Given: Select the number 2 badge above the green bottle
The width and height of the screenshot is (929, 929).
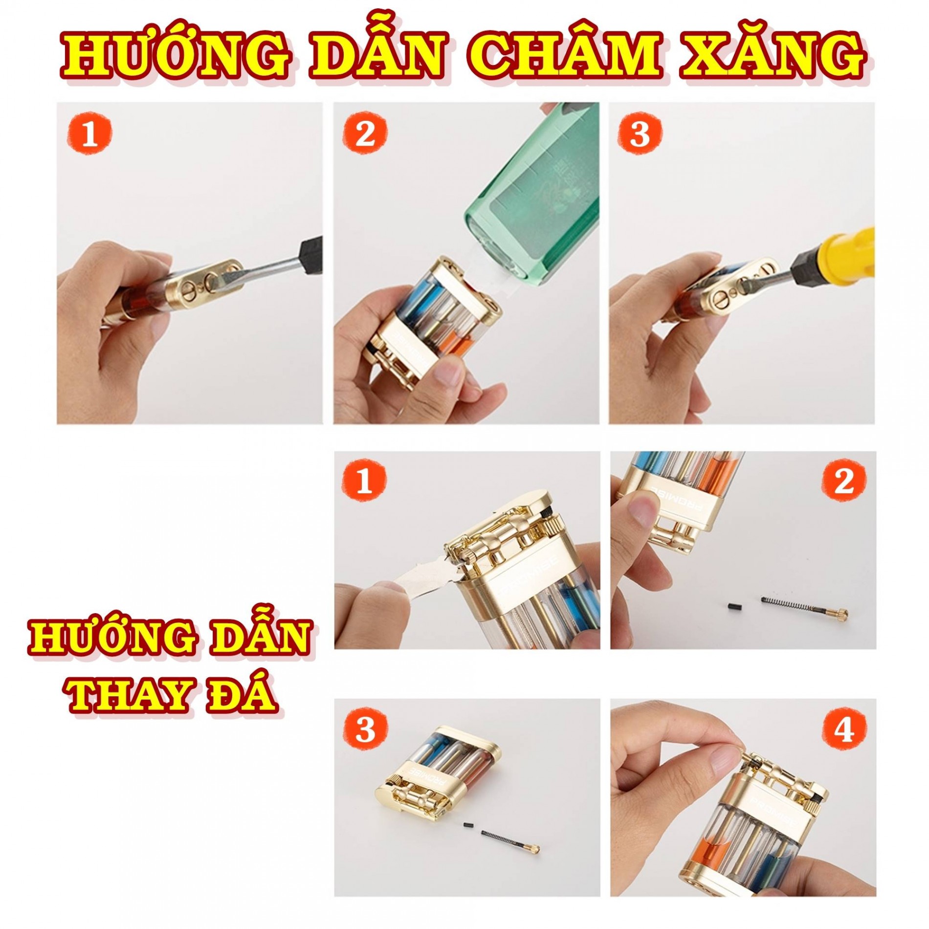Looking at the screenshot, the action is (x=365, y=133).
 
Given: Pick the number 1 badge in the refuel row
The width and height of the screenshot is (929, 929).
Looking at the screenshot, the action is (x=89, y=133).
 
